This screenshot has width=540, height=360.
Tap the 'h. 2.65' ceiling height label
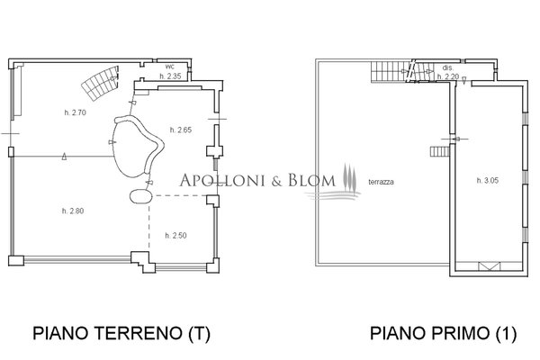pyautogui.click(x=179, y=130)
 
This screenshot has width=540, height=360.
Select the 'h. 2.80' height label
pyautogui.click(x=74, y=211)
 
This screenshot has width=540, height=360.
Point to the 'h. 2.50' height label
pyautogui.click(x=175, y=235)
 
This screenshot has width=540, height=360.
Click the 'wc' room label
pyautogui.click(x=169, y=67)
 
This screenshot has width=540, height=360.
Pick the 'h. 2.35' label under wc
pyautogui.click(x=171, y=76)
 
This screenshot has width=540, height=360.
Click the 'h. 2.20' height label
pyautogui.click(x=447, y=76)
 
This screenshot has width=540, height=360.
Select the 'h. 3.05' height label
pyautogui.click(x=487, y=181)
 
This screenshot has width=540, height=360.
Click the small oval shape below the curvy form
pyautogui.click(x=139, y=195)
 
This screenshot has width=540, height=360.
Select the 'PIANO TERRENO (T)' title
pyautogui.click(x=121, y=334)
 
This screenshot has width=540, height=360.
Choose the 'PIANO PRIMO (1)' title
pyautogui.click(x=444, y=334)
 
